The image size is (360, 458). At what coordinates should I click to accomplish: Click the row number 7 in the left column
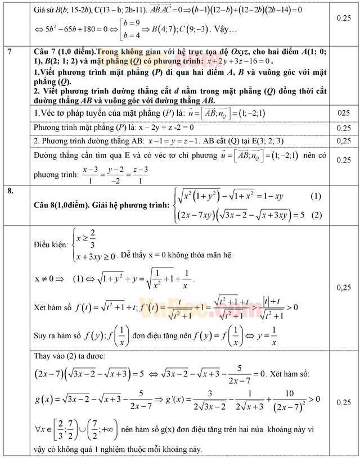point(11,52)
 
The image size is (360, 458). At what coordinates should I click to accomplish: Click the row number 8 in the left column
point(11,191)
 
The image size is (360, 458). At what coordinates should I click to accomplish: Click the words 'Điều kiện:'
point(49,245)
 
